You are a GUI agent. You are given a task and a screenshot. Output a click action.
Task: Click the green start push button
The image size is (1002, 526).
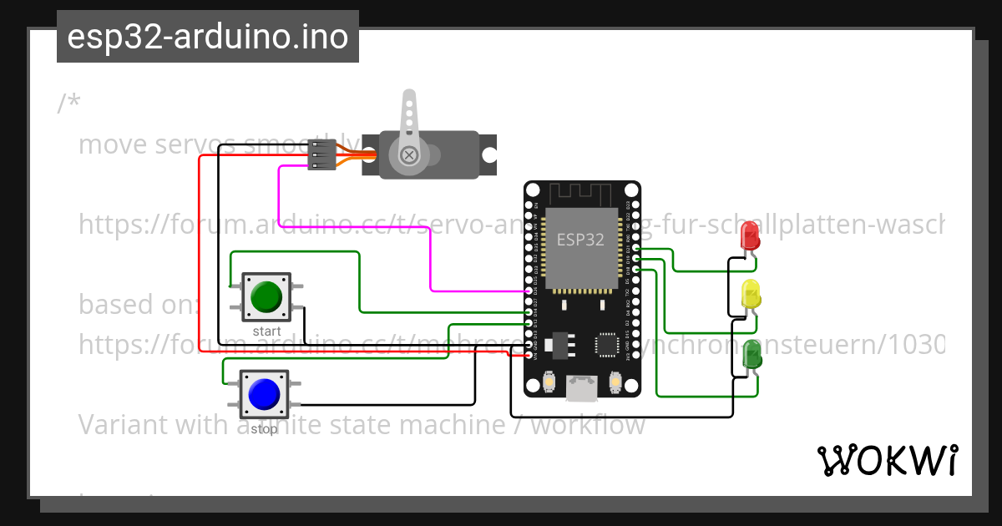pos(266,297)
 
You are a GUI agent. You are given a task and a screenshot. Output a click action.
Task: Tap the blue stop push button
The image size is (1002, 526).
pos(264,394)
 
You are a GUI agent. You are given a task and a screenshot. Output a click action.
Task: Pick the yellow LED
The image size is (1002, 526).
pos(751,295)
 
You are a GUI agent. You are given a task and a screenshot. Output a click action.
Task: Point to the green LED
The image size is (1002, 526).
pos(751,355)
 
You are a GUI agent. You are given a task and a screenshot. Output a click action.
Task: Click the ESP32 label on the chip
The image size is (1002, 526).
pos(581,240)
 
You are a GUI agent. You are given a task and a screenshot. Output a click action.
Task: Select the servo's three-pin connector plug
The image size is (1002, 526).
pos(321,154)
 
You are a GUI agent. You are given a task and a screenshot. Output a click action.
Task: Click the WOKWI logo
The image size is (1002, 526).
pos(887,460)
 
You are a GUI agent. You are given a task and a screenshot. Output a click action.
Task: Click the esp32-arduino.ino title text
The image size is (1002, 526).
pos(208,37)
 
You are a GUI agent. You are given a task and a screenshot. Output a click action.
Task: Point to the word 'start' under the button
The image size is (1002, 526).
pos(266,331)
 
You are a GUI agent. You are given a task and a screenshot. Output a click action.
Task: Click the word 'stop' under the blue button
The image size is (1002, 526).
pos(264,429)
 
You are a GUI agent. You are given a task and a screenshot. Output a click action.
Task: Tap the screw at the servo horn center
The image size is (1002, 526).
pos(409,154)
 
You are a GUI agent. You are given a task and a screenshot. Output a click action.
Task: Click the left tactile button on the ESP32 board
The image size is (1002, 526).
pos(549,382)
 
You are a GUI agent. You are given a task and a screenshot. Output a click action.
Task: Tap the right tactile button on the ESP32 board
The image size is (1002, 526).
pos(615,382)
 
